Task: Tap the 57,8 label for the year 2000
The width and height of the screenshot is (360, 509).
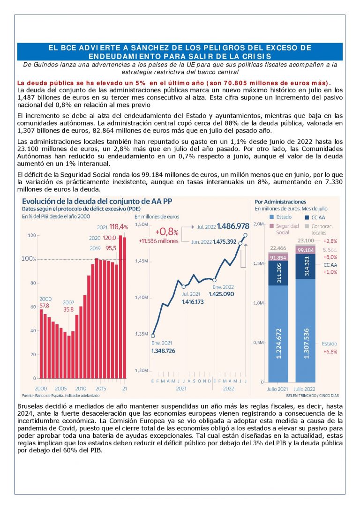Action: [x=44, y=306]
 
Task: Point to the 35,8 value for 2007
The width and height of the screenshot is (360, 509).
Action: [x=69, y=309]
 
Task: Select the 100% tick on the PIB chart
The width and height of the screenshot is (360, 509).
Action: [x=29, y=259]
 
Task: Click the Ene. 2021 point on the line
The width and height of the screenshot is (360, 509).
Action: [x=153, y=336]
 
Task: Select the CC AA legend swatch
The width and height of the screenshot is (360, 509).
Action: [x=307, y=217]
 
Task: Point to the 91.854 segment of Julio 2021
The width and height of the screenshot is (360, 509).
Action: [x=278, y=257]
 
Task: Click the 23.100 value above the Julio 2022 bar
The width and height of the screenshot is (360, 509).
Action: [x=307, y=240]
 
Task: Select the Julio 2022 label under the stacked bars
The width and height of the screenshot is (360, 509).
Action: [x=307, y=389]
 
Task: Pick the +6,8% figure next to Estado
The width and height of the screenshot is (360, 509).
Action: [x=330, y=352]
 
